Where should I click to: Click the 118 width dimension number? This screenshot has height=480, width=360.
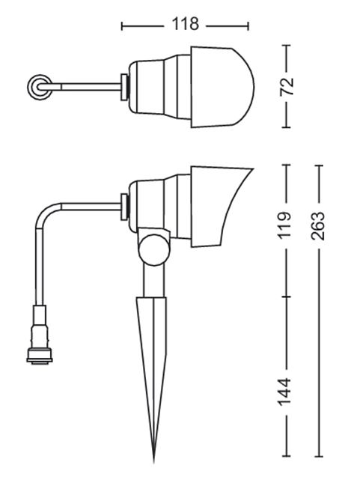[x=186, y=24]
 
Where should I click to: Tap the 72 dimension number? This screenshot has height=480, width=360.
[x=287, y=87]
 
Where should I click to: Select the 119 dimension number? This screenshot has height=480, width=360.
[x=284, y=225]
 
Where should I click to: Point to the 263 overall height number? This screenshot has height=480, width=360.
[x=317, y=226]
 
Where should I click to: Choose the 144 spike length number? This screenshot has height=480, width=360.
[x=284, y=392]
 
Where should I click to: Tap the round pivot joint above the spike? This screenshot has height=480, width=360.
[x=154, y=249]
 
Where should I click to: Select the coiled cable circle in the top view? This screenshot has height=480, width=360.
[x=38, y=87]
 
